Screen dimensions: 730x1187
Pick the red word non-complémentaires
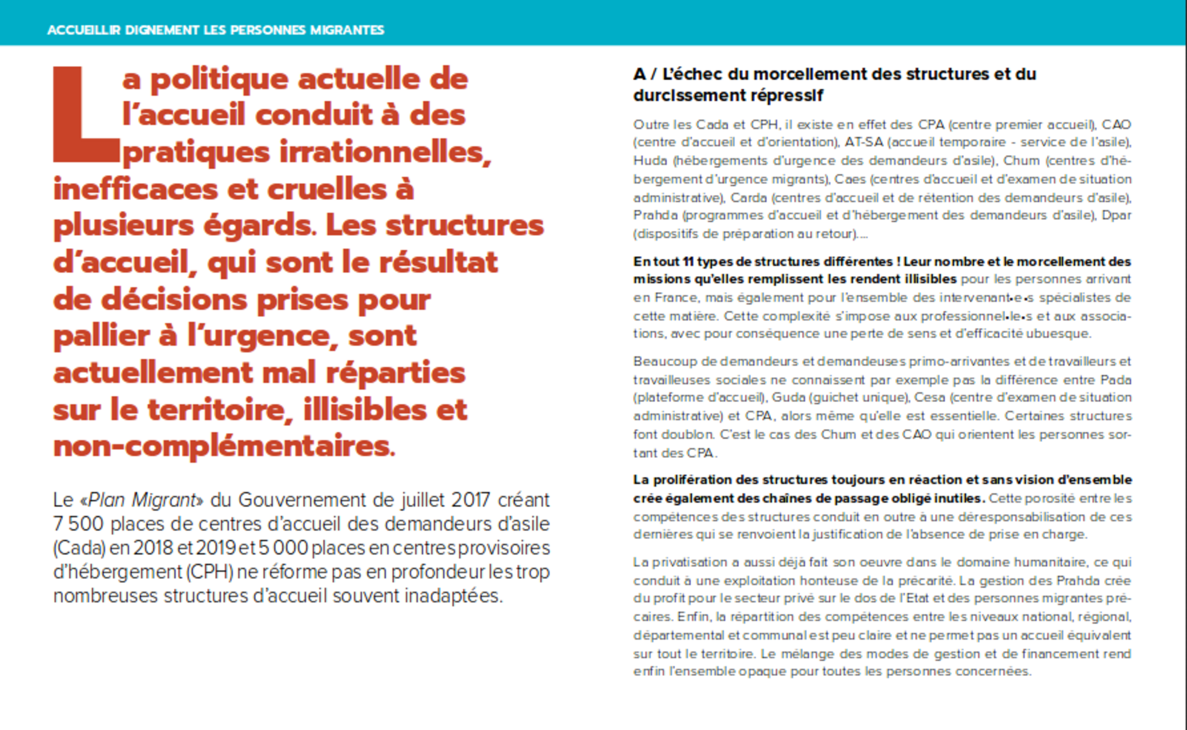[x=224, y=446]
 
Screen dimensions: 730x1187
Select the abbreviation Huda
[x=650, y=161]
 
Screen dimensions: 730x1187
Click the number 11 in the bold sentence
[x=688, y=261]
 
